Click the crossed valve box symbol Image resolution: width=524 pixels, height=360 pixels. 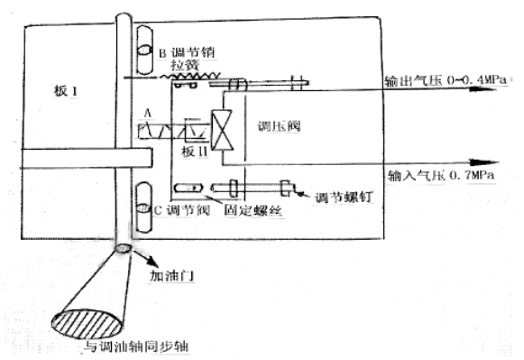click(222, 129)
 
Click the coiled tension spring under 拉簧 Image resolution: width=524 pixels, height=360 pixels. click(179, 80)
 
